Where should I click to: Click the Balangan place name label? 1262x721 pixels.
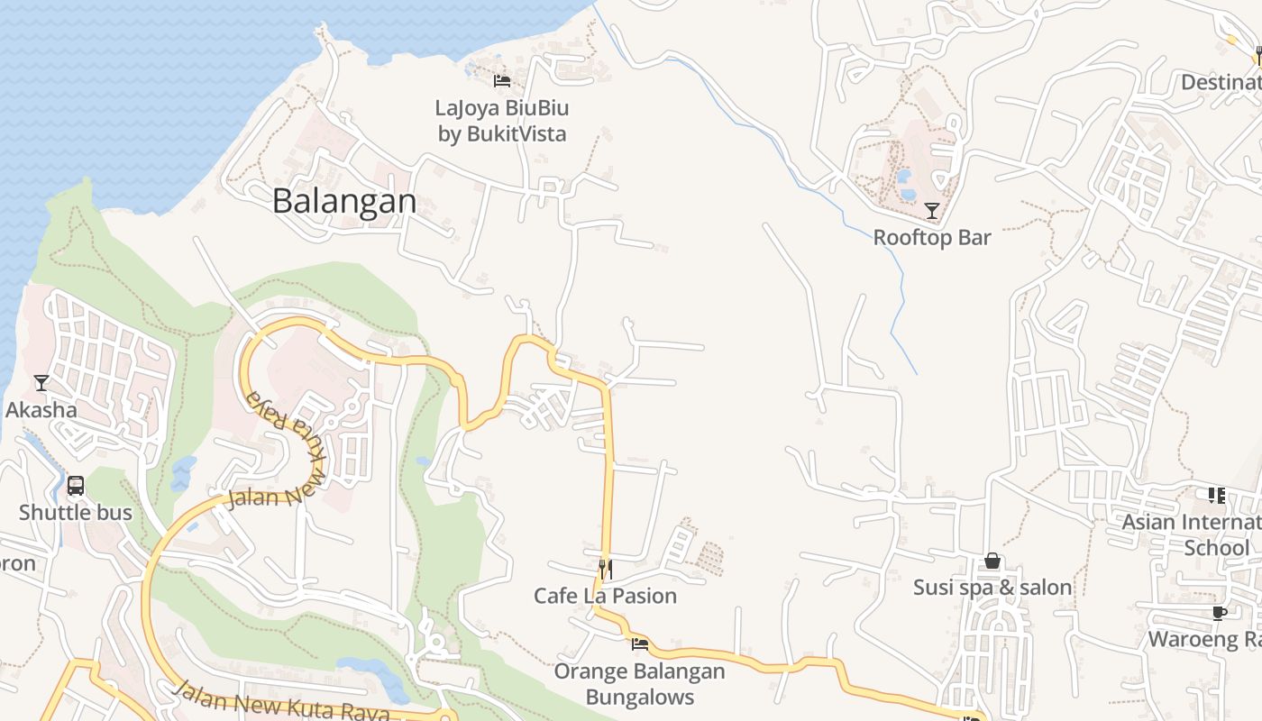tap(344, 201)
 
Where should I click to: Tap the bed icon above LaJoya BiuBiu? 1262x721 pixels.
tap(502, 81)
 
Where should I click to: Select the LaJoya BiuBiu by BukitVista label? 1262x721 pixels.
tap(502, 121)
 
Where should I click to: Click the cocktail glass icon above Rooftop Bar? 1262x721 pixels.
tap(932, 211)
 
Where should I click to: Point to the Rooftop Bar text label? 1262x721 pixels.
tap(932, 238)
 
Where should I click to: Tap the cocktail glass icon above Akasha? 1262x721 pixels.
tap(41, 383)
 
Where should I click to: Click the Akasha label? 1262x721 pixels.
tap(41, 410)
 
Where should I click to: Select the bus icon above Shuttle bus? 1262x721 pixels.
tap(76, 486)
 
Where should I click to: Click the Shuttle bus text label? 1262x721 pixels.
tap(76, 513)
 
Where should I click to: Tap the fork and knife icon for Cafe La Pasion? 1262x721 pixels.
tap(606, 569)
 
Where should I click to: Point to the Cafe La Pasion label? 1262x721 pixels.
tap(605, 596)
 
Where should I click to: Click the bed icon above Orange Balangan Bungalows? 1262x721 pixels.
tap(640, 643)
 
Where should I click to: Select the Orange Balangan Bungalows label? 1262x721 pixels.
tap(639, 684)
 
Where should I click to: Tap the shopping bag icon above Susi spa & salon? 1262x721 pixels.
tap(992, 561)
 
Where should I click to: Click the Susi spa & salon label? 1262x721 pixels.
tap(992, 588)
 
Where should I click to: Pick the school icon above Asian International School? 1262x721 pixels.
tap(1217, 495)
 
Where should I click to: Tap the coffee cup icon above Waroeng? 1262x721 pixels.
tap(1220, 613)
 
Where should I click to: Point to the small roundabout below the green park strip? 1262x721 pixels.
tap(436, 643)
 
